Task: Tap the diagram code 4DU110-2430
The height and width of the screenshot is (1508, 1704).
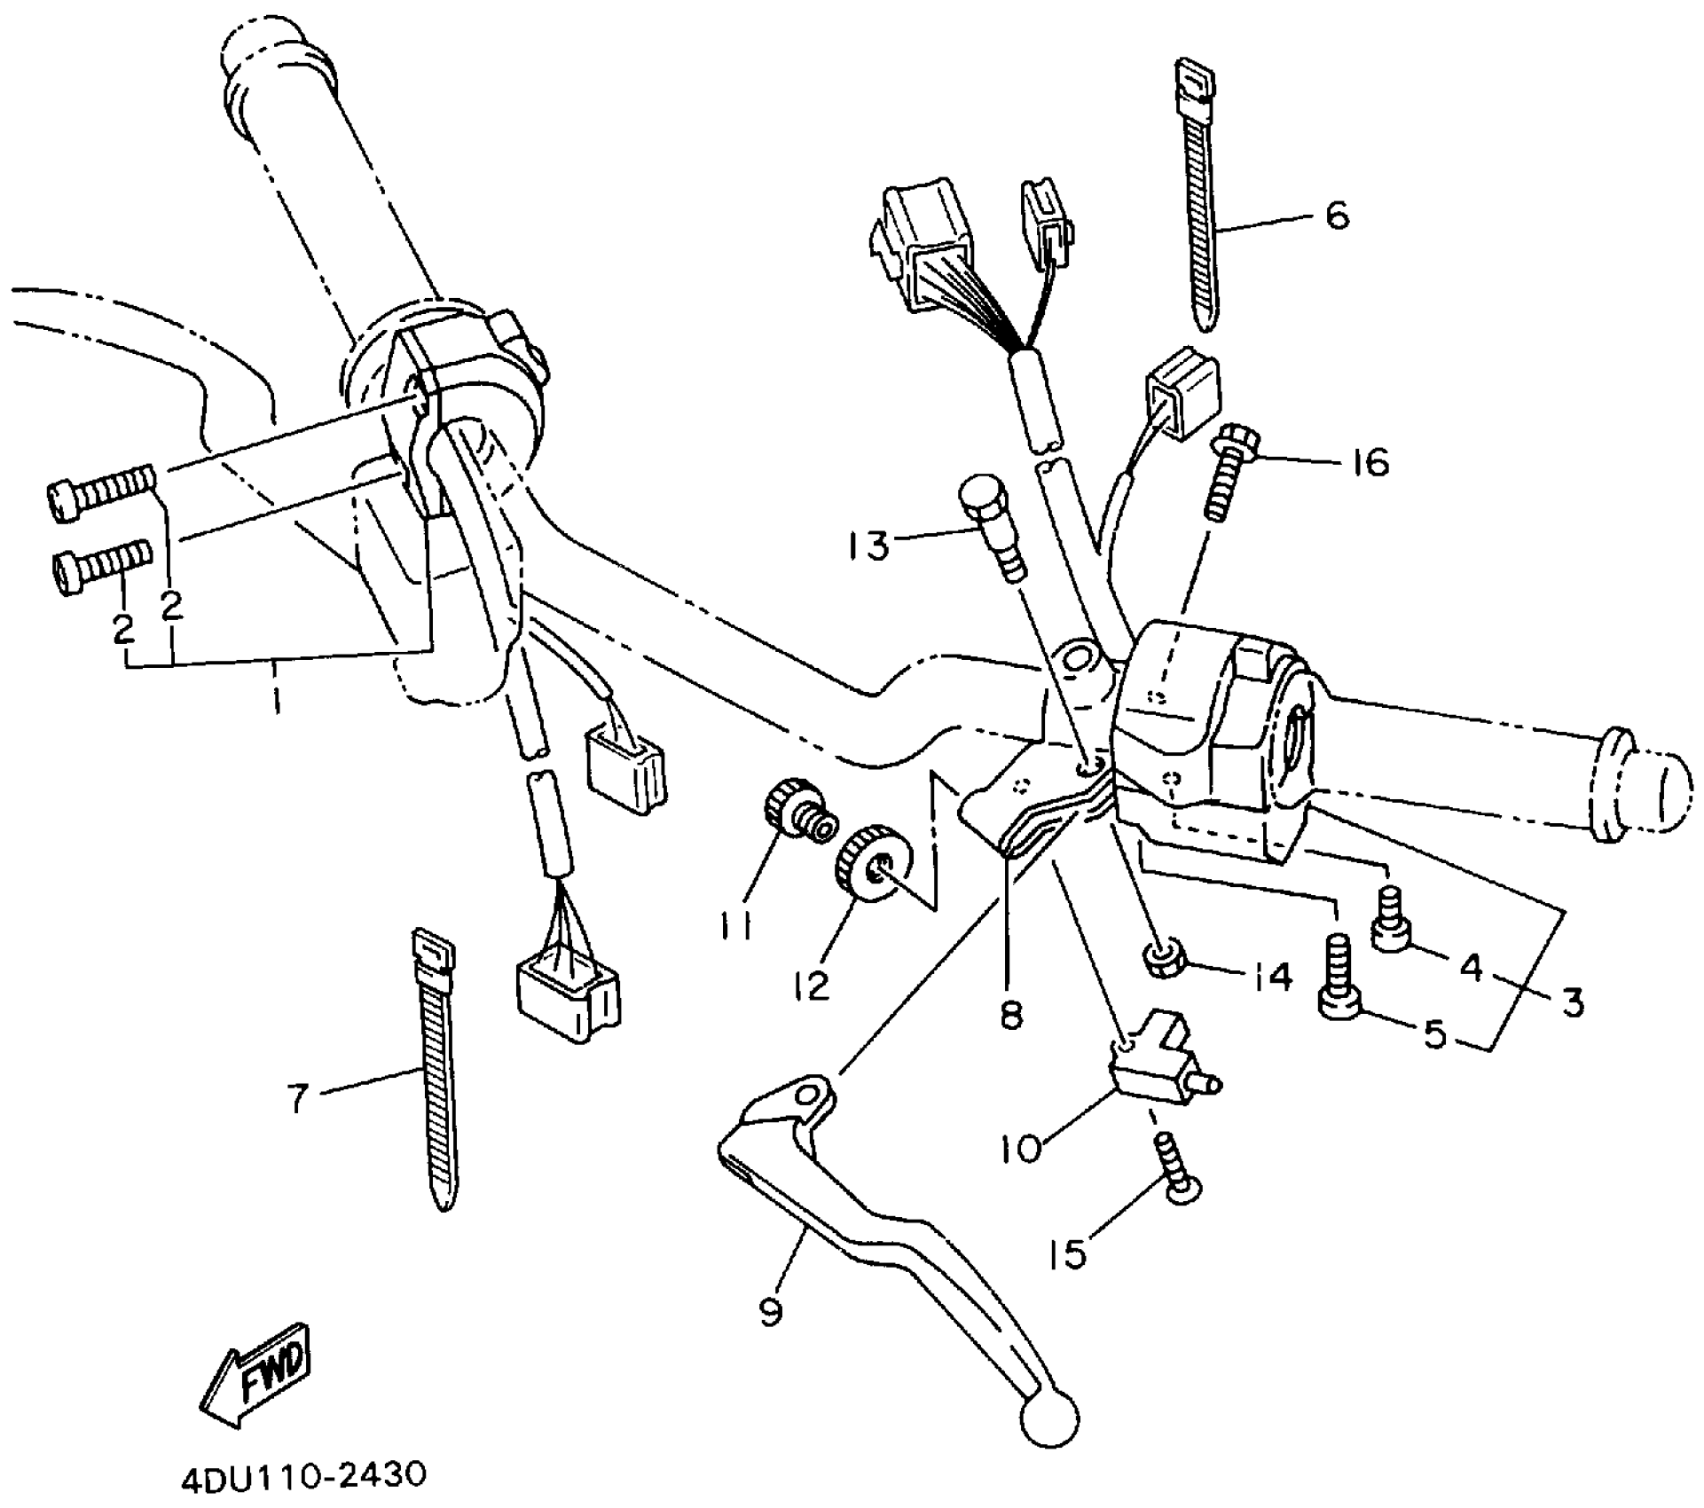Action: [x=303, y=1477]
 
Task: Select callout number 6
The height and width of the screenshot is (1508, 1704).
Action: [x=1337, y=216]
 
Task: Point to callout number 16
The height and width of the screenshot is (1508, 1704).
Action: [x=1371, y=462]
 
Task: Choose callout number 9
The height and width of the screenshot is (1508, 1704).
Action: [x=772, y=1312]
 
